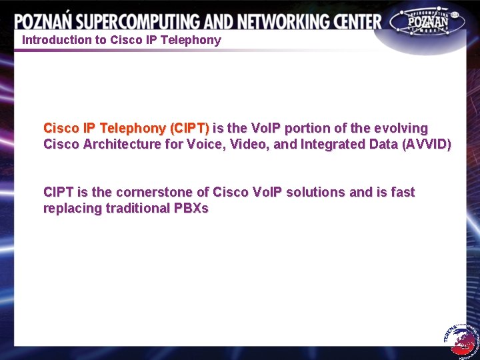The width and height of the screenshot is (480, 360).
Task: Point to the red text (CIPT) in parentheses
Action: coord(190,128)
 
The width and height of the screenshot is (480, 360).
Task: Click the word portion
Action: coord(307,128)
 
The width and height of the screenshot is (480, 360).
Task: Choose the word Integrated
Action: coord(333,144)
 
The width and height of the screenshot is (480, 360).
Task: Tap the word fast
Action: coord(403,192)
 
